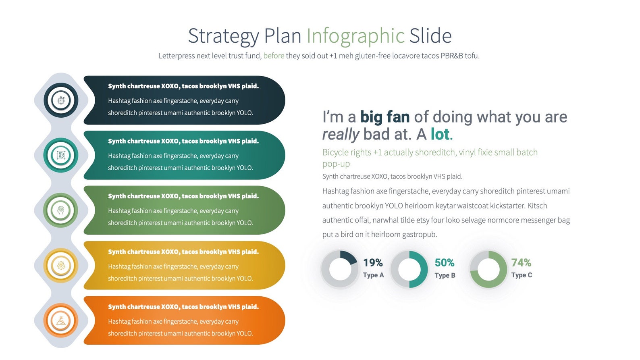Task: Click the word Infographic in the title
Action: click(355, 36)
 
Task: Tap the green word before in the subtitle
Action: click(274, 56)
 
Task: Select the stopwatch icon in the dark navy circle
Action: click(61, 100)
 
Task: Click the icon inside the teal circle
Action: click(61, 155)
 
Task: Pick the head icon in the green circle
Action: click(61, 210)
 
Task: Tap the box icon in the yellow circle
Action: click(61, 265)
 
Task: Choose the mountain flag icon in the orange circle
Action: click(61, 321)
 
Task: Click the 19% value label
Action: click(373, 263)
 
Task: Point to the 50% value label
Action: click(444, 263)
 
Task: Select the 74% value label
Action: click(521, 263)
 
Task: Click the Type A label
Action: click(373, 275)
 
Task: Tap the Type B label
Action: click(445, 275)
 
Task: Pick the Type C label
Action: click(522, 275)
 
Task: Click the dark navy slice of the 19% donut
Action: click(348, 257)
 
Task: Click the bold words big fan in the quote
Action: click(384, 117)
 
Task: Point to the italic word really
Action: click(341, 134)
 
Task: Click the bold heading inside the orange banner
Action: click(183, 307)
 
